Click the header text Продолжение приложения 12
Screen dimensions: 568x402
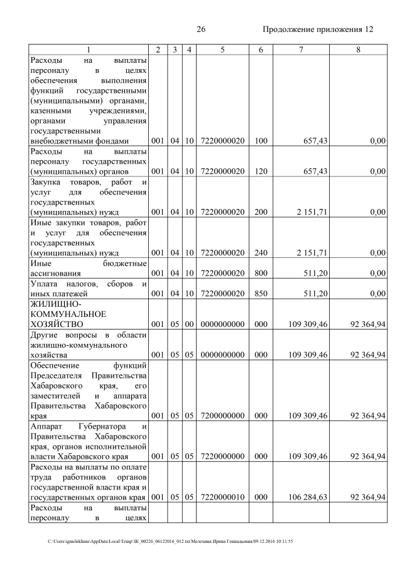[x=318, y=29]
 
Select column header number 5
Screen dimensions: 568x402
[x=222, y=50]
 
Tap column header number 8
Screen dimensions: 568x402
[x=357, y=50]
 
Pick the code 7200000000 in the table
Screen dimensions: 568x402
[x=222, y=415]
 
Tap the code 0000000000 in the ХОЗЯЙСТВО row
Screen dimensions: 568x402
[x=222, y=324]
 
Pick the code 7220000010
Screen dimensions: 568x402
[x=222, y=497]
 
